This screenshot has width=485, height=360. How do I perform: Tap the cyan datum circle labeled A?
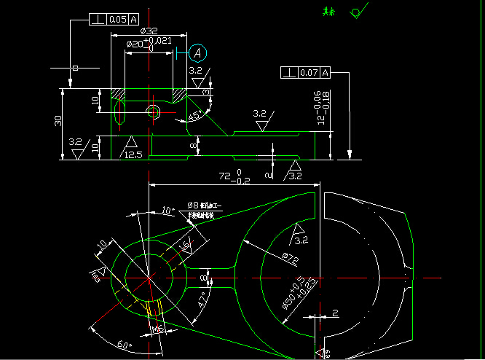pos(197,52)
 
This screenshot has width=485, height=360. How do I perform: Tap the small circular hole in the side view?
pos(154,111)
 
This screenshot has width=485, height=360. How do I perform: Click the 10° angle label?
pos(167,211)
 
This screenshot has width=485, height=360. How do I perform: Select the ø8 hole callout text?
pos(201,210)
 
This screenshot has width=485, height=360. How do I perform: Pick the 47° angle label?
pos(203,299)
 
